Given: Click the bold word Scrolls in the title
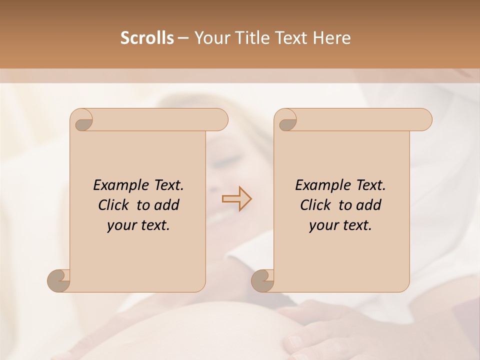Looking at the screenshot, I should coord(147,38).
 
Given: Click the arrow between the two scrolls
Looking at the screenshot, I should coord(236,199).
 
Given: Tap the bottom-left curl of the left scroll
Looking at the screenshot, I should coord(58,280).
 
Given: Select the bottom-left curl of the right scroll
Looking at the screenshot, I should coord(262,280).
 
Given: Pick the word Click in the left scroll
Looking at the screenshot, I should coord(113,205).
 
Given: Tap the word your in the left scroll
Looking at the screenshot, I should coord(121,225).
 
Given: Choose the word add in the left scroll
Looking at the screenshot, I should coord(167,205).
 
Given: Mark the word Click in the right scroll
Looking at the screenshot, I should coord(315,205).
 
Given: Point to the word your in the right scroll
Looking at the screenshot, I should coord(323,225).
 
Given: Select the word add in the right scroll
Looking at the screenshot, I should coord(369,205).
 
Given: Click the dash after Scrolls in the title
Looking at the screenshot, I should coord(183,38).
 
